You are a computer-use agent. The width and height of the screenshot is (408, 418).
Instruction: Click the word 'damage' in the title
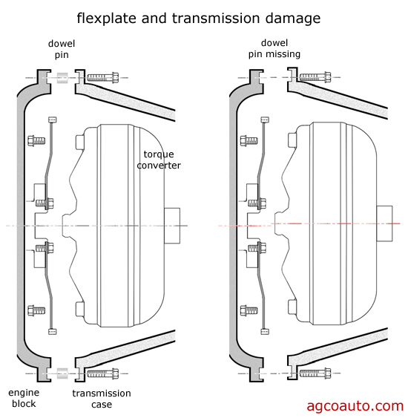click(284, 16)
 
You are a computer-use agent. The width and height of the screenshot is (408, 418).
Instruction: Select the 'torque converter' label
click(162, 159)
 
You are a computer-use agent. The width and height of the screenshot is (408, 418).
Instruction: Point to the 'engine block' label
click(24, 398)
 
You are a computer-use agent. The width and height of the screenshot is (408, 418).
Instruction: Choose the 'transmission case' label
click(102, 398)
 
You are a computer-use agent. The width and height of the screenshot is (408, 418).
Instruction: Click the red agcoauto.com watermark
click(355, 405)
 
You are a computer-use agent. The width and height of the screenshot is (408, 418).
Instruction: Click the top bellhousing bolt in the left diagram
click(102, 78)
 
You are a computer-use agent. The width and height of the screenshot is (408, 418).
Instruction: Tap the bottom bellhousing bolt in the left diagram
click(102, 373)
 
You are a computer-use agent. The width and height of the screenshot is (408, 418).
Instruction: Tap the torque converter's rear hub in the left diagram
click(173, 226)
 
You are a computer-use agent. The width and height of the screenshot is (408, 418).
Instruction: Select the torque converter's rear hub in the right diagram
click(385, 224)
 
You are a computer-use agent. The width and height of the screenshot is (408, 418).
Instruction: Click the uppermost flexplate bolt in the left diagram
click(34, 139)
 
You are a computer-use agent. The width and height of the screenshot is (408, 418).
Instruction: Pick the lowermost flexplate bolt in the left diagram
click(34, 310)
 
